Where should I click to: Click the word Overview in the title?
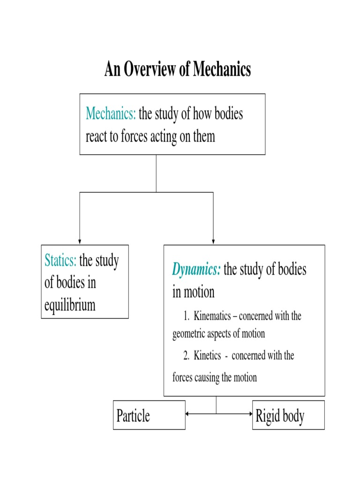(147, 70)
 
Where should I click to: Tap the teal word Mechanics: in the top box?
(111, 114)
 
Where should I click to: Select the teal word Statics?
(60, 261)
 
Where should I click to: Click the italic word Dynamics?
(196, 270)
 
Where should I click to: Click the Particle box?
(150, 415)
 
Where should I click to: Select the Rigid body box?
(288, 415)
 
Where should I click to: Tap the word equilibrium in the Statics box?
(70, 305)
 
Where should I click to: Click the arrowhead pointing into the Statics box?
(80, 241)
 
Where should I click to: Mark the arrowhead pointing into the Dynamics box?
(213, 241)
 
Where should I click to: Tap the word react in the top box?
(96, 136)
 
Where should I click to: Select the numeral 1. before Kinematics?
(187, 316)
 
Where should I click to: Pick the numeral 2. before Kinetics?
(187, 356)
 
